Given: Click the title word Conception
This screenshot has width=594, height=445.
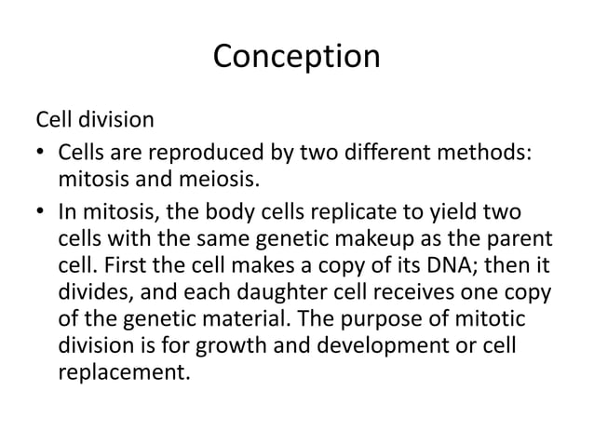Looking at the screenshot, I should click(296, 57).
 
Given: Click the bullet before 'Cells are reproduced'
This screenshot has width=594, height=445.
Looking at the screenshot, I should click(40, 151).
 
